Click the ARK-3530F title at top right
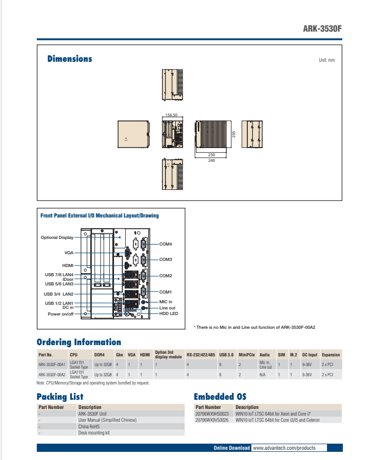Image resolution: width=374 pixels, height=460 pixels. pyautogui.click(x=322, y=29)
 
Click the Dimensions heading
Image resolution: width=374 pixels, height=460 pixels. pyautogui.click(x=69, y=59)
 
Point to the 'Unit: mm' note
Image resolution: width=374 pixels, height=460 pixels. pyautogui.click(x=326, y=60)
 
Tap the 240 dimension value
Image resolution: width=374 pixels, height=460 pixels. pyautogui.click(x=212, y=160)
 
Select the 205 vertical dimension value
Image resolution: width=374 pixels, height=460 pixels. pyautogui.click(x=233, y=134)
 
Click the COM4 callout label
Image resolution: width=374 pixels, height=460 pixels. pyautogui.click(x=166, y=244)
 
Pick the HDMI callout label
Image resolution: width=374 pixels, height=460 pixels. pyautogui.click(x=68, y=265)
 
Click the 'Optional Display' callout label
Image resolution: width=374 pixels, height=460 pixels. pyautogui.click(x=57, y=237)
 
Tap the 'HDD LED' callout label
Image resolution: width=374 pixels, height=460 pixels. pyautogui.click(x=168, y=313)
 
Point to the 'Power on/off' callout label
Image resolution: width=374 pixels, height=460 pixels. pyautogui.click(x=60, y=313)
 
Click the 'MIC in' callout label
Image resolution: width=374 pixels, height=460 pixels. pyautogui.click(x=166, y=302)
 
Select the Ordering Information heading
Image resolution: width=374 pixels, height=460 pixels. pyautogui.click(x=79, y=342)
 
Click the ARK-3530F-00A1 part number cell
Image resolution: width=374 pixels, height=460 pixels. pyautogui.click(x=52, y=365)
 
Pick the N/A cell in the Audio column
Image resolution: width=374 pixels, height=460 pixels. pyautogui.click(x=263, y=374)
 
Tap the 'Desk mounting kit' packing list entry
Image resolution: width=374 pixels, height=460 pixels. pyautogui.click(x=94, y=432)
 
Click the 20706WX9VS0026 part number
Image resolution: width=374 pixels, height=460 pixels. pyautogui.click(x=212, y=420)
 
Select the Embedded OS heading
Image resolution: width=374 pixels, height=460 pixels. pyautogui.click(x=220, y=397)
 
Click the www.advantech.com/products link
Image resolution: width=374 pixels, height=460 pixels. pyautogui.click(x=284, y=448)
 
